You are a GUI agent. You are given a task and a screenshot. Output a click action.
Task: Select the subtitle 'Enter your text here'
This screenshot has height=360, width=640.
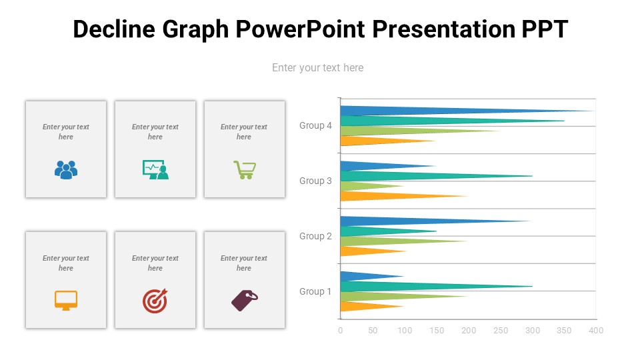(317, 67)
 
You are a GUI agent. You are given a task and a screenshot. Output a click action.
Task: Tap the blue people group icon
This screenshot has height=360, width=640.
(66, 170)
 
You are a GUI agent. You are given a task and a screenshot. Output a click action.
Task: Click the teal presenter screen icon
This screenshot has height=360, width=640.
(155, 170)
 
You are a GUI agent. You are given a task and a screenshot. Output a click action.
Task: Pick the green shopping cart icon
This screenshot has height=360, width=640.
(244, 170)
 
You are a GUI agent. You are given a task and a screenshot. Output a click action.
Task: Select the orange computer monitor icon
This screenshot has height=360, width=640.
(66, 301)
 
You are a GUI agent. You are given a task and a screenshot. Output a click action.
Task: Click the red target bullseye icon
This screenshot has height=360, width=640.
(155, 301)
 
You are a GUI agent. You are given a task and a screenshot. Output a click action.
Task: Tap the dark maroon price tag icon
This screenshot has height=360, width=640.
(244, 301)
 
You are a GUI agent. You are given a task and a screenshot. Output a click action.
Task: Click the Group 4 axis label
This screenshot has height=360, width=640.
(315, 125)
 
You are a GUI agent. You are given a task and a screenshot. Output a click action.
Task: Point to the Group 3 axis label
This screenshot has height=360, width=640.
(315, 181)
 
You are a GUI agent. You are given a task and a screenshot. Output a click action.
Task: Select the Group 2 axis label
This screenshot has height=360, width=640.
(315, 236)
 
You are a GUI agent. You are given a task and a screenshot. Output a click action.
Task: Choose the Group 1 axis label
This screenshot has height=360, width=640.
(315, 291)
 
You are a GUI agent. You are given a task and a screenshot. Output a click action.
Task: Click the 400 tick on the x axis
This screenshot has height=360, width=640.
(596, 331)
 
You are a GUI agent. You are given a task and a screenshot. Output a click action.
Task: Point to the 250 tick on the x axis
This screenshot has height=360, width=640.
(500, 331)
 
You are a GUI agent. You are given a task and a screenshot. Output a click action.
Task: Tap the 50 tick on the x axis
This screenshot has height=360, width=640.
(373, 331)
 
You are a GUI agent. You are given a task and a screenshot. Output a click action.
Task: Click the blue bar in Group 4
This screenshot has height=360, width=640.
(400, 111)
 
